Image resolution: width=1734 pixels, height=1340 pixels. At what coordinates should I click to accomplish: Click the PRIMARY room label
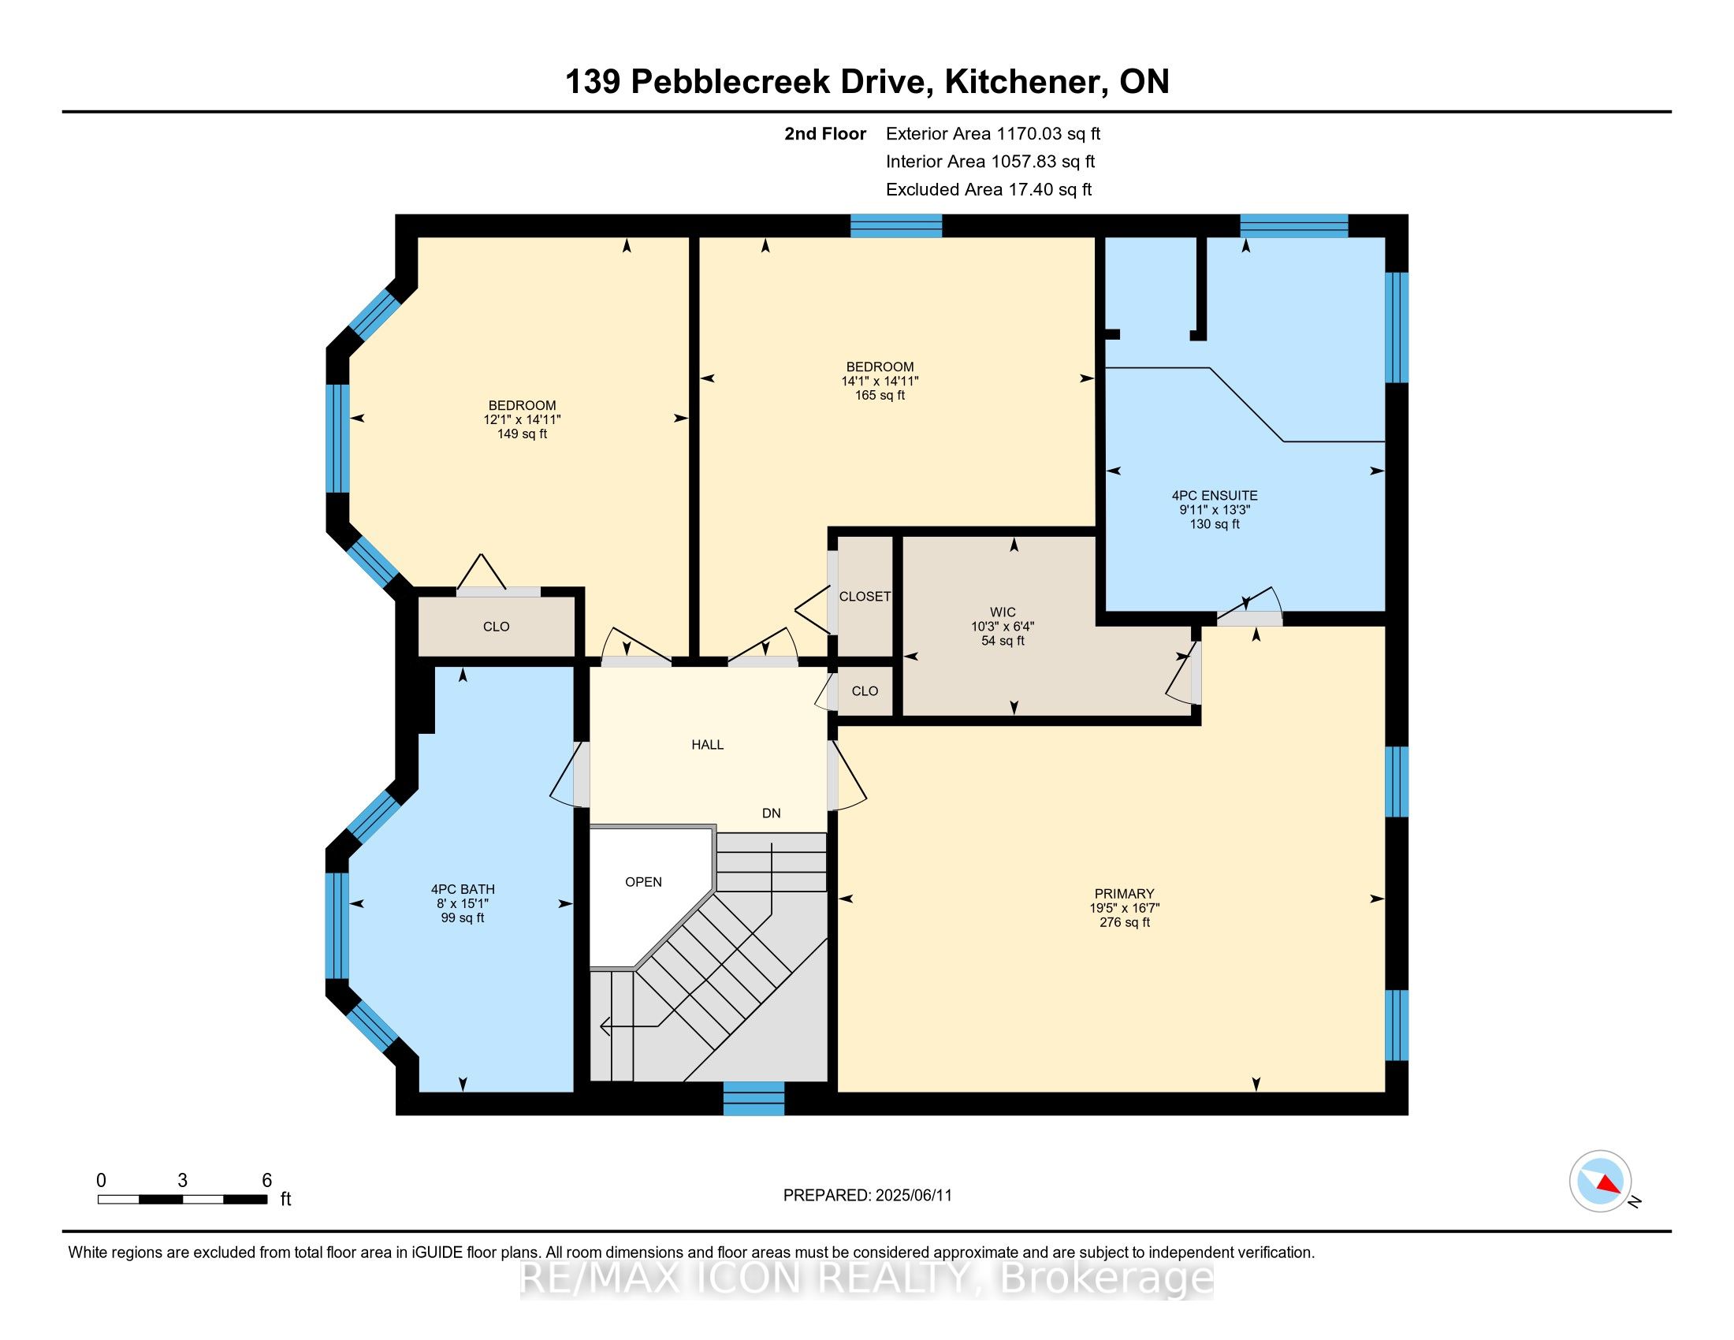[x=1123, y=893]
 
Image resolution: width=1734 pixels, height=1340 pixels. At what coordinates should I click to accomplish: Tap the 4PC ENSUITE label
[x=1214, y=495]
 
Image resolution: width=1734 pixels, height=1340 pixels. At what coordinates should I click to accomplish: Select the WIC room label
[x=1002, y=612]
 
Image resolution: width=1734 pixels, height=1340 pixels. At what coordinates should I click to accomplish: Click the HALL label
[x=707, y=745]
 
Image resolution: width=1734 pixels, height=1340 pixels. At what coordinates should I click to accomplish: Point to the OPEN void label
[x=643, y=882]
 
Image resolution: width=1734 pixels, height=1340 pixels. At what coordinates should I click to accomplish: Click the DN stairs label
[x=771, y=813]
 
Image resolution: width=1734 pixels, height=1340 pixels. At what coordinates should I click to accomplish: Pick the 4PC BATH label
[x=462, y=889]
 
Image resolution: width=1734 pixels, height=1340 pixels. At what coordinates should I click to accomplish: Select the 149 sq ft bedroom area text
[x=522, y=434]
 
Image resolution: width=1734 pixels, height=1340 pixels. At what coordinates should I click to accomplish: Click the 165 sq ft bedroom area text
[x=880, y=396]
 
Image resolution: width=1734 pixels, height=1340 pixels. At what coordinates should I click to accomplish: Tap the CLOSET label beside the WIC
[x=865, y=596]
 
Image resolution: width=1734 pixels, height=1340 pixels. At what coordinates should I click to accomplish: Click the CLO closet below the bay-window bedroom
[x=497, y=627]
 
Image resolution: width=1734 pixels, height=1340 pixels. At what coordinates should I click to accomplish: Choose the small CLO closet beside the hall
[x=865, y=690]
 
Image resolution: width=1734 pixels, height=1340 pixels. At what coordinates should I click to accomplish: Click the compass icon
[x=1600, y=1181]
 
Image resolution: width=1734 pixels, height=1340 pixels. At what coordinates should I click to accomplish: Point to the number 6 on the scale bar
[x=266, y=1180]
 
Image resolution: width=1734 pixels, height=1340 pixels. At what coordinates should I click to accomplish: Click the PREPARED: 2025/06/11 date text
[x=867, y=1195]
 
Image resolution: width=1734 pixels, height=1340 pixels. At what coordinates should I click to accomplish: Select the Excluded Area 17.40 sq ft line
[x=988, y=190]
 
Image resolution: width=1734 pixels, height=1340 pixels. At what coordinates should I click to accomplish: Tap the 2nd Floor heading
[x=825, y=134]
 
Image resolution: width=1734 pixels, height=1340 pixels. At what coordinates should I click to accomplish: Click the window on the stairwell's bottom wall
[x=754, y=1098]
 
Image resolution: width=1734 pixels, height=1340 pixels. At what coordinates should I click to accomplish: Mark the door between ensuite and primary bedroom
[x=1248, y=618]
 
